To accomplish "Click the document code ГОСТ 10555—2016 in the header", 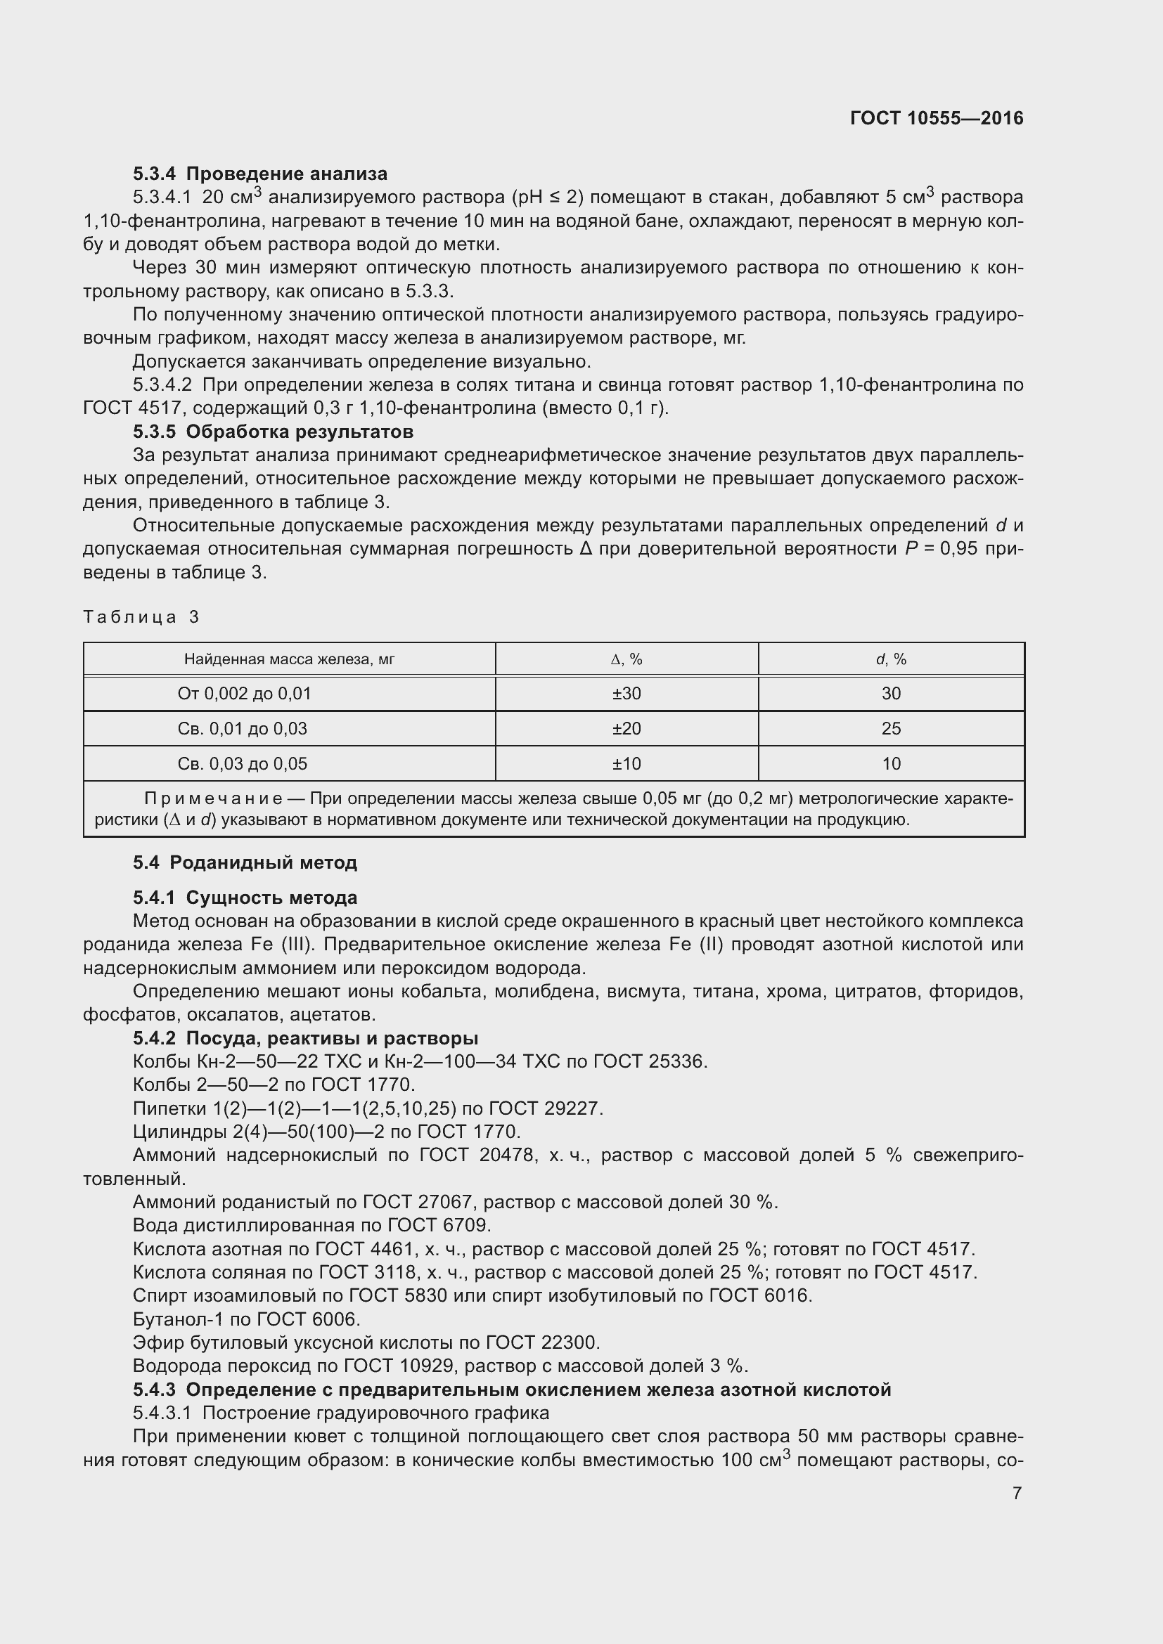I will click(x=936, y=118).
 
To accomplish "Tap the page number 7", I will click(x=1017, y=1493).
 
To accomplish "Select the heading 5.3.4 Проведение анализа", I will click(x=260, y=174).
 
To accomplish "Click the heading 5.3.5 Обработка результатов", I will click(x=273, y=432).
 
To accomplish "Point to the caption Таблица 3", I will click(x=141, y=616).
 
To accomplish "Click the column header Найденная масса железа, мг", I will click(x=289, y=659).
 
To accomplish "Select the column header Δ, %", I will click(x=626, y=659).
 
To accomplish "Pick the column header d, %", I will click(x=891, y=659).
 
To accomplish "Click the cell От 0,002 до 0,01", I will click(x=244, y=693).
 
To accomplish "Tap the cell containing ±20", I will click(x=626, y=728).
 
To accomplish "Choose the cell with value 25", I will click(x=891, y=728).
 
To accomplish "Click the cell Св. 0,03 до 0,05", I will click(x=242, y=763).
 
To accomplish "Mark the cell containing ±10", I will click(x=626, y=763).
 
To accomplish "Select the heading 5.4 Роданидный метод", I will click(x=245, y=862).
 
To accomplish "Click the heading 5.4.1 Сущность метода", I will click(x=245, y=897).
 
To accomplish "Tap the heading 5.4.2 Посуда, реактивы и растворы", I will click(x=306, y=1038).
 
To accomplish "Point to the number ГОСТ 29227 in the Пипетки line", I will click(x=545, y=1108).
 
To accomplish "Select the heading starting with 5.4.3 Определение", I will click(x=512, y=1390).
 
